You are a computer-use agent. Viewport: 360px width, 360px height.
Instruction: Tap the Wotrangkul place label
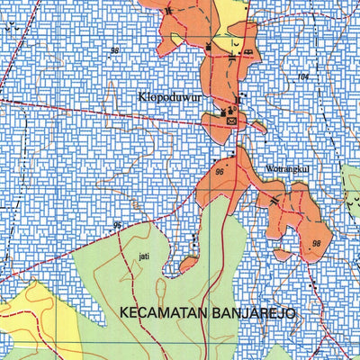coord(287,168)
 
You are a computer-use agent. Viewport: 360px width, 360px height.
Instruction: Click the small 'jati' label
coord(144,256)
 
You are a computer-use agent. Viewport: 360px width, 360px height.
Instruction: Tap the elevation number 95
coord(118,225)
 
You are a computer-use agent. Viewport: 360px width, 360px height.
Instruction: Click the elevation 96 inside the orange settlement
coord(220,171)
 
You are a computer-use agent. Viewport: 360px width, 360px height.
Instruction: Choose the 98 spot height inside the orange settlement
coord(316,244)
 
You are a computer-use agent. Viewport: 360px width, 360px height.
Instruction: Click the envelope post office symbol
coord(233,120)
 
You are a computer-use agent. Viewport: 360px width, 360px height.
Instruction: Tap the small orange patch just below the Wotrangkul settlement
coord(282,255)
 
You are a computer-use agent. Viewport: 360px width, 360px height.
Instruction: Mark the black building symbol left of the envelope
coord(225,112)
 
